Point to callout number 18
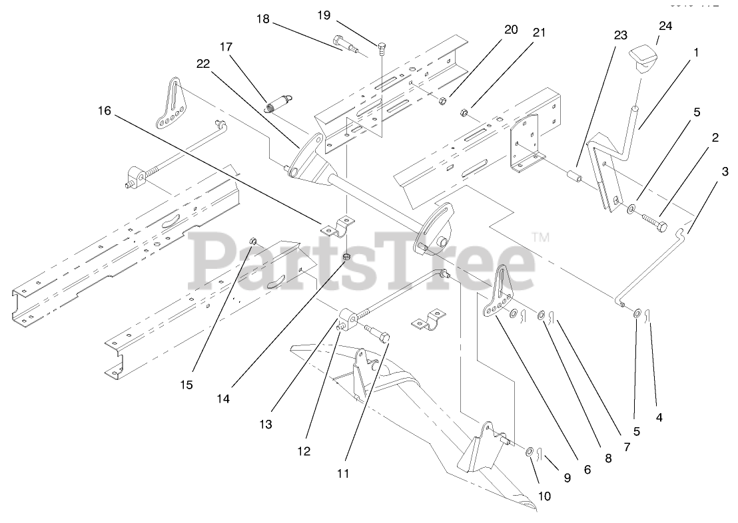tap(263, 19)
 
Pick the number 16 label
tap(104, 110)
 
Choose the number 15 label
tap(186, 385)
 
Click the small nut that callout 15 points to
tap(253, 240)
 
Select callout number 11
tap(342, 474)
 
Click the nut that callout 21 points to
tap(464, 112)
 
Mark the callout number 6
tap(587, 469)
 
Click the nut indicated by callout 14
tap(346, 257)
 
